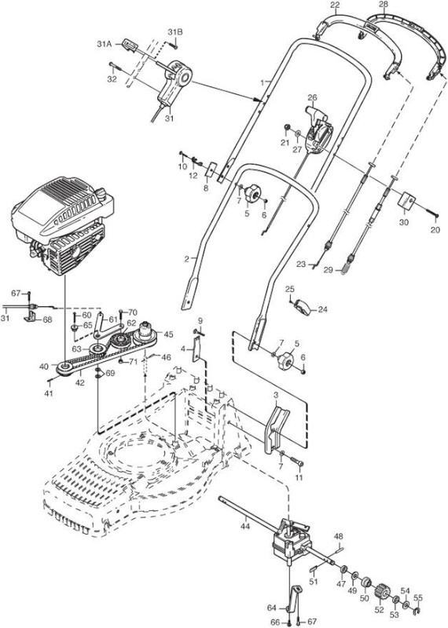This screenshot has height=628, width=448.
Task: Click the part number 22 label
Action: pyautogui.click(x=335, y=5)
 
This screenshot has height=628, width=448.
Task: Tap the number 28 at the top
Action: pyautogui.click(x=384, y=5)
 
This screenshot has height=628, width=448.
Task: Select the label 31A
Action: pyautogui.click(x=104, y=44)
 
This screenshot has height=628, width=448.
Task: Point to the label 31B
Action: pyautogui.click(x=175, y=32)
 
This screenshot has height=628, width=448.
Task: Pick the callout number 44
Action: pyautogui.click(x=244, y=526)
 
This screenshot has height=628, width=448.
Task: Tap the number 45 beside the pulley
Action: pyautogui.click(x=169, y=334)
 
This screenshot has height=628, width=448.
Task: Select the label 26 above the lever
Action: pyautogui.click(x=312, y=97)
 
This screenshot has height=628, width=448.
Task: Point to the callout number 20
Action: pyautogui.click(x=435, y=230)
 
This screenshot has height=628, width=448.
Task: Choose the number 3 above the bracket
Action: pyautogui.click(x=276, y=396)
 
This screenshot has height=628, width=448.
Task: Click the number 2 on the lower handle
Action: pyautogui.click(x=186, y=259)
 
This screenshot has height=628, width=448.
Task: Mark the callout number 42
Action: pyautogui.click(x=80, y=383)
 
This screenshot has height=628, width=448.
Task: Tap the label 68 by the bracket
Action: pyautogui.click(x=47, y=320)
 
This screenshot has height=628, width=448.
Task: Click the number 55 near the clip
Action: pyautogui.click(x=418, y=598)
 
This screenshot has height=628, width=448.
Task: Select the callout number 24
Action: pyautogui.click(x=323, y=309)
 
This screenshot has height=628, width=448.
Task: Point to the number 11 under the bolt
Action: pyautogui.click(x=299, y=478)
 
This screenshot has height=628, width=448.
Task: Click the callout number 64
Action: pyautogui.click(x=271, y=608)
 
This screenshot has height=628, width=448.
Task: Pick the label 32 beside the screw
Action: pyautogui.click(x=112, y=79)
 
